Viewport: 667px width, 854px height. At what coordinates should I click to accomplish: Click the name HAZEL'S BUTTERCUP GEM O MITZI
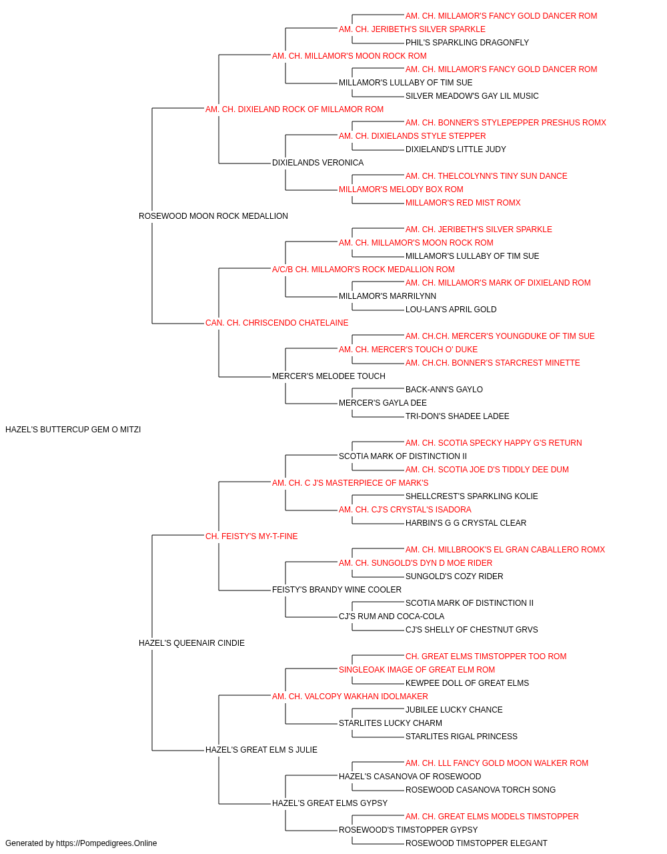coord(73,430)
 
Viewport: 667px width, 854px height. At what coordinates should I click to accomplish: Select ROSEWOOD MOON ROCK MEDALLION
coord(213,216)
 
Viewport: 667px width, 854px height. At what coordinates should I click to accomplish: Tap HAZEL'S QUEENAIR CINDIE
coord(191,643)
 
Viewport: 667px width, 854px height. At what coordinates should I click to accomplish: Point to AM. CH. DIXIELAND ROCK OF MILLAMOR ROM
coord(295,109)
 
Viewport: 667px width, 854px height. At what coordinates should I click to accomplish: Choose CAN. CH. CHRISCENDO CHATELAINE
coord(277,323)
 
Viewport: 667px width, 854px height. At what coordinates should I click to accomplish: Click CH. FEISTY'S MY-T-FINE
coord(252,536)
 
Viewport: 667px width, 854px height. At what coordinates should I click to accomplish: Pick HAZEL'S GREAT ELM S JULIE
coord(261,749)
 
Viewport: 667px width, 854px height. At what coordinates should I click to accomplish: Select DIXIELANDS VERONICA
coord(317,163)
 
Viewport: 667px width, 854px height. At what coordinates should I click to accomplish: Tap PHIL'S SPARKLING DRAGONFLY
coord(468,43)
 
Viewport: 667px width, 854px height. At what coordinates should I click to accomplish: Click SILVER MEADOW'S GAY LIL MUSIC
coord(472,96)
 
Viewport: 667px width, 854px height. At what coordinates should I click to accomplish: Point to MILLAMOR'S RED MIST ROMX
coord(463,203)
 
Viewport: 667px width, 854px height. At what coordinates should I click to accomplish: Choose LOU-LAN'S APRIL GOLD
coord(451,310)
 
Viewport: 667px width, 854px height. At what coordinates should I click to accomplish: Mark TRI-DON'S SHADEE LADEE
coord(458,416)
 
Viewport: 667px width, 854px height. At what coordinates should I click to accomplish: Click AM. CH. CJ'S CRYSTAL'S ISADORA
coord(405,510)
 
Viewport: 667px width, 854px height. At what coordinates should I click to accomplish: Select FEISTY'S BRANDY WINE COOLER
coord(337,590)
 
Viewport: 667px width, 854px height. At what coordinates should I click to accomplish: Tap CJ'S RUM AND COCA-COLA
coord(392,616)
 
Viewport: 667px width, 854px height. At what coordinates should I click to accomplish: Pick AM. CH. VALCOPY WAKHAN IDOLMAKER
coord(350,697)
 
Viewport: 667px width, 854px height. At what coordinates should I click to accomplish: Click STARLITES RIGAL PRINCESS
coord(462,737)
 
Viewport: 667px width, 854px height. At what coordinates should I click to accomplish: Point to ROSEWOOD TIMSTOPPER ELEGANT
coord(476,843)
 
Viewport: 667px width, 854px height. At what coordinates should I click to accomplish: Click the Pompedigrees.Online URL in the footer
coord(107,843)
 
